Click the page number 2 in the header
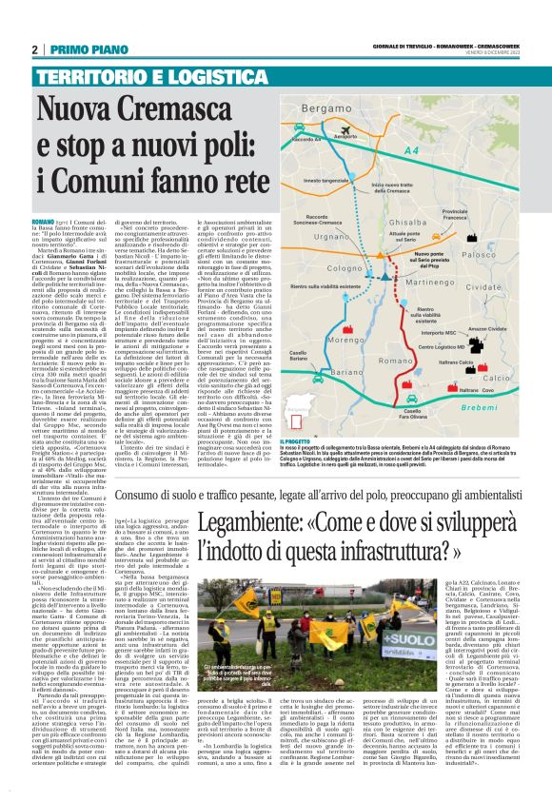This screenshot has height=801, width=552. [x=34, y=49]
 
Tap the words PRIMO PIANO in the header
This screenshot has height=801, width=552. [x=78, y=49]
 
